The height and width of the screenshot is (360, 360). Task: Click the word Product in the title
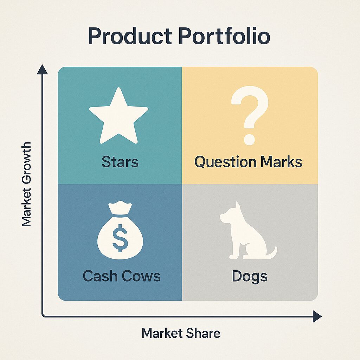pyautogui.click(x=130, y=36)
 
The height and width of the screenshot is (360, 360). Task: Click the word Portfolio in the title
pyautogui.click(x=224, y=36)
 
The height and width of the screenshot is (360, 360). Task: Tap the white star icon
pyautogui.click(x=119, y=116)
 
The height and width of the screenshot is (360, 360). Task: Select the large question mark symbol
pyautogui.click(x=250, y=115)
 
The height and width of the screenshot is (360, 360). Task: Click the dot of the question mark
pyautogui.click(x=249, y=139)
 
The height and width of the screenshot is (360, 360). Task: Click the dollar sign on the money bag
pyautogui.click(x=120, y=238)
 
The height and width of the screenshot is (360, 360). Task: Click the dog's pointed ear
pyautogui.click(x=238, y=206)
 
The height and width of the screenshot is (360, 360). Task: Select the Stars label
pyautogui.click(x=120, y=162)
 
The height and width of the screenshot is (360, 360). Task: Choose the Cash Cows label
pyautogui.click(x=121, y=276)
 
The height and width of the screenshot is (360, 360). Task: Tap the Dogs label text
pyautogui.click(x=250, y=276)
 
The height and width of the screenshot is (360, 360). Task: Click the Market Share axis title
pyautogui.click(x=181, y=333)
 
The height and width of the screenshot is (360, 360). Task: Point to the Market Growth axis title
pyautogui.click(x=26, y=184)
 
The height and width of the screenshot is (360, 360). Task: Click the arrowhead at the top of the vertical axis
pyautogui.click(x=42, y=69)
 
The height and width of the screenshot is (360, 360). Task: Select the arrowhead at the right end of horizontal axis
pyautogui.click(x=317, y=316)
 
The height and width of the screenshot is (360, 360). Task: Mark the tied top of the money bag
pyautogui.click(x=120, y=208)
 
